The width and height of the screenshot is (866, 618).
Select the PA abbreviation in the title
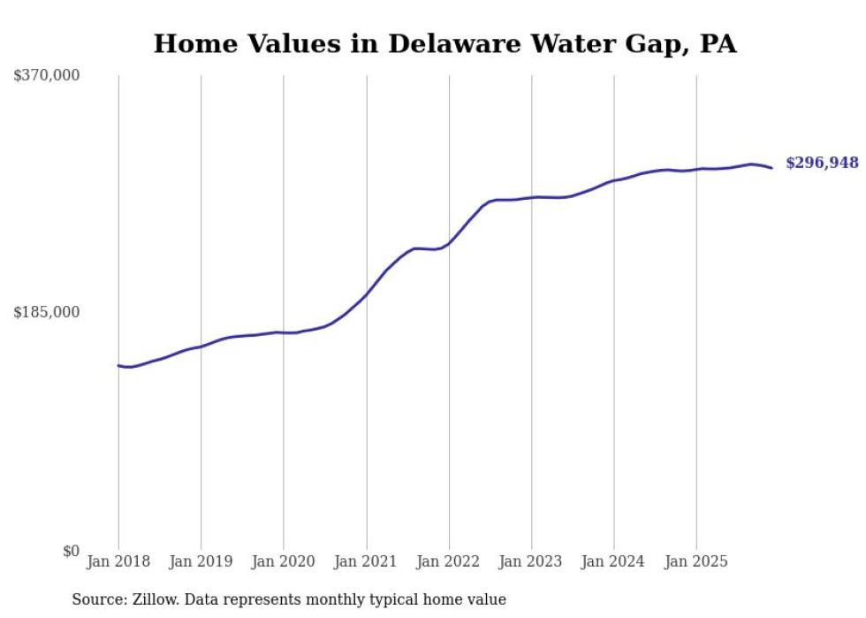tap(718, 44)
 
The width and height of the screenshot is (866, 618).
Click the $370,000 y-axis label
tap(47, 76)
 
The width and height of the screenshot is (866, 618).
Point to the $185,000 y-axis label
tap(47, 313)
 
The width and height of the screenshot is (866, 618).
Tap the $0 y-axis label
tap(71, 552)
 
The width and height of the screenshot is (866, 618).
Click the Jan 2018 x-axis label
tap(118, 561)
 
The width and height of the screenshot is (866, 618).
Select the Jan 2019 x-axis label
tap(201, 561)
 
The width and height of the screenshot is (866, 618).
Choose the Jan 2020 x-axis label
tap(284, 561)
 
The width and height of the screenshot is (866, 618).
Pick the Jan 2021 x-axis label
tap(366, 561)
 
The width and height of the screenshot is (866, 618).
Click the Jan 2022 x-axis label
tap(449, 561)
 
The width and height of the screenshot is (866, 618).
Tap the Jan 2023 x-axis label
tap(531, 561)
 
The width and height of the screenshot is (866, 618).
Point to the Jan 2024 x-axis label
tap(614, 561)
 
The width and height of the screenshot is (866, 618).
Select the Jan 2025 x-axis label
tap(696, 561)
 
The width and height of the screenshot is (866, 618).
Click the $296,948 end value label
tap(822, 163)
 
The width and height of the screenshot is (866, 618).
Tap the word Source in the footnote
tap(97, 599)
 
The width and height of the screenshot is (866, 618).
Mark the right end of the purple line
tap(771, 168)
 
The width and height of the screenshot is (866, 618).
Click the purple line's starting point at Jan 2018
tap(118, 365)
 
